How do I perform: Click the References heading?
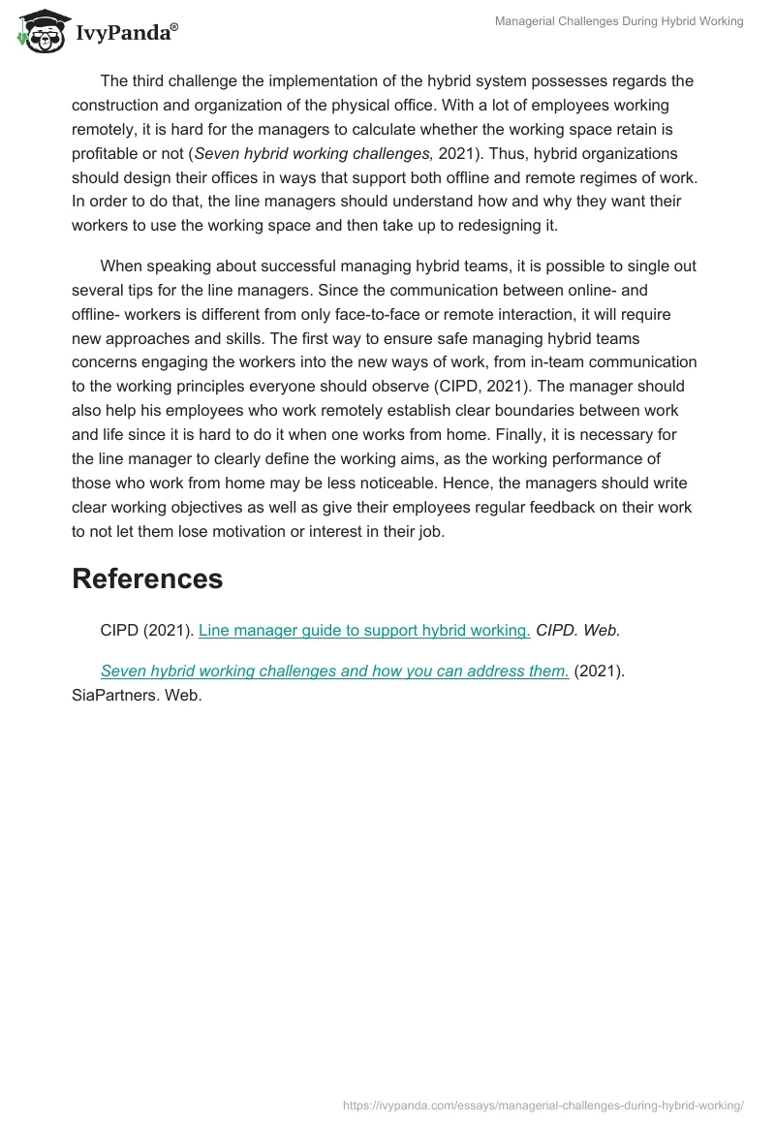point(147,578)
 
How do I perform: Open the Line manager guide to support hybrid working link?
point(364,630)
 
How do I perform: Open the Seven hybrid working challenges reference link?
point(334,671)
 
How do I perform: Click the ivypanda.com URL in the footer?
point(544,1105)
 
